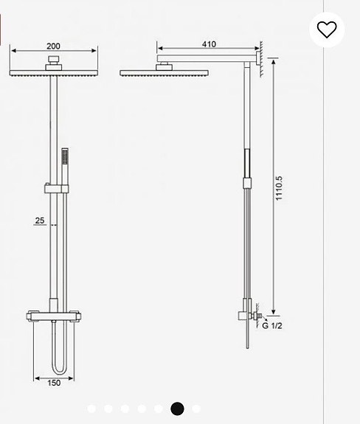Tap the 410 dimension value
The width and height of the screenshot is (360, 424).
[x=210, y=44]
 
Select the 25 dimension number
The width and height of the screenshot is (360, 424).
[x=40, y=220]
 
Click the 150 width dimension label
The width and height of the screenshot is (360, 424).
[x=54, y=383]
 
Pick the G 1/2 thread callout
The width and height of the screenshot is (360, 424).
[x=273, y=325]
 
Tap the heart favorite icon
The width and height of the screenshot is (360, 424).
[x=327, y=29]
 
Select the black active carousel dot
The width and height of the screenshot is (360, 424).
[x=177, y=408]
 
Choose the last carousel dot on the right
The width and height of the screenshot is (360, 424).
[x=196, y=408]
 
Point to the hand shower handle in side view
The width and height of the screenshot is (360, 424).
[x=247, y=166]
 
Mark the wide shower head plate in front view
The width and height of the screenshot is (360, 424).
[x=54, y=72]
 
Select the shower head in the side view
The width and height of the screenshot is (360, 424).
[x=164, y=72]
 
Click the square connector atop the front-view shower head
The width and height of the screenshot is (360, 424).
[x=54, y=60]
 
